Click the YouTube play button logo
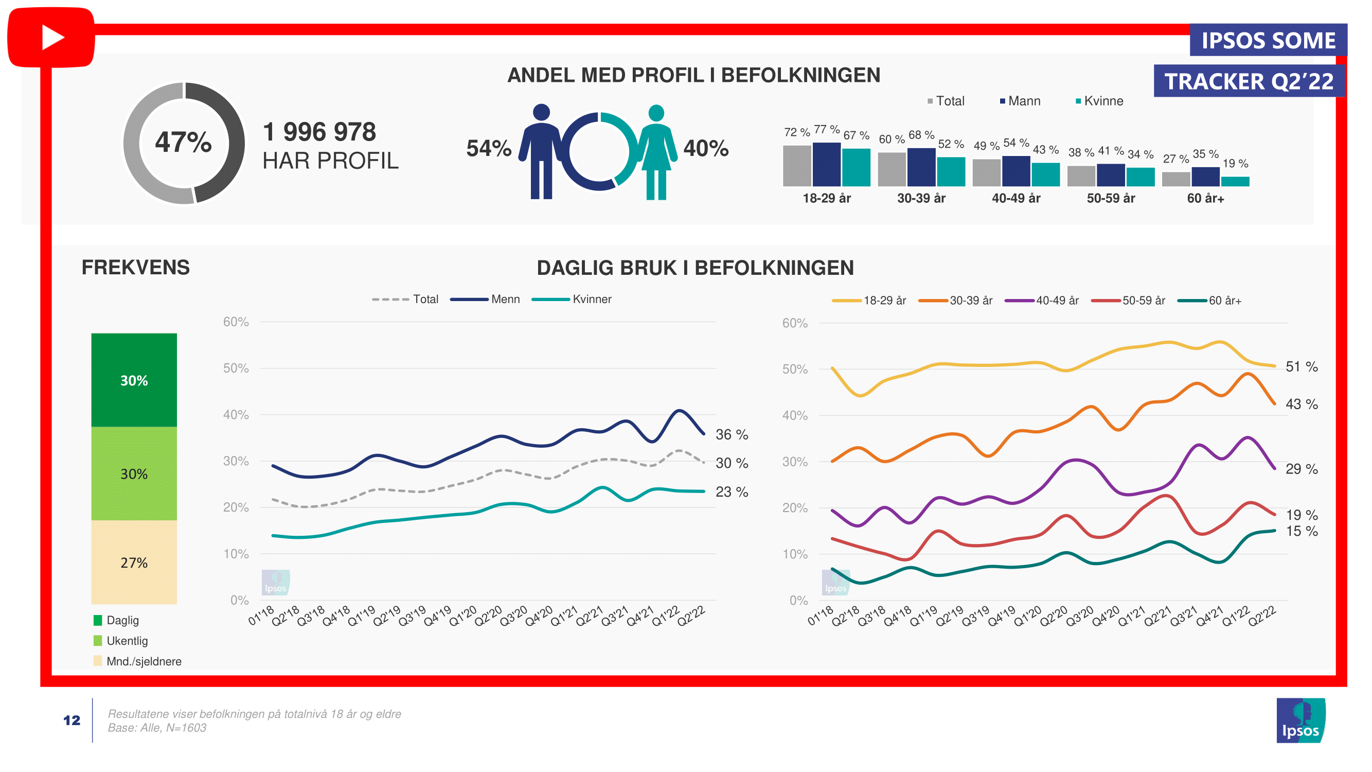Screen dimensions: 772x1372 pos(51,37)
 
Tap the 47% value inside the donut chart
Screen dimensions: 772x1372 pos(183,142)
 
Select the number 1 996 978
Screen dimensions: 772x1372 pos(319,132)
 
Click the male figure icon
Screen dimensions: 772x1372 pos(541,152)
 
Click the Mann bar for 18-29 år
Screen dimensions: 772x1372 pos(826,164)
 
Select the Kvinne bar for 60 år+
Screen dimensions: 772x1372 pos(1235,181)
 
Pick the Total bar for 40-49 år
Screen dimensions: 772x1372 pos(986,172)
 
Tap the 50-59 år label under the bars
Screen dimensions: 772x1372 pos(1111,198)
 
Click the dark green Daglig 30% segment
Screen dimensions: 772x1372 pos(134,380)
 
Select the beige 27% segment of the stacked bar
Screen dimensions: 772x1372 pos(134,562)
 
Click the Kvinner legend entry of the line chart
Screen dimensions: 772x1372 pos(591,299)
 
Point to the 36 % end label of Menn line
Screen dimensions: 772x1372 pos(732,435)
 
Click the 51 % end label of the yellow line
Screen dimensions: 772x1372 pos(1301,366)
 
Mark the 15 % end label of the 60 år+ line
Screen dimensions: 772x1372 pos(1301,531)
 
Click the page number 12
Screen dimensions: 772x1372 pos(72,721)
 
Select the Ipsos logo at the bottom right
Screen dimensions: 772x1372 pos(1300,721)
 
